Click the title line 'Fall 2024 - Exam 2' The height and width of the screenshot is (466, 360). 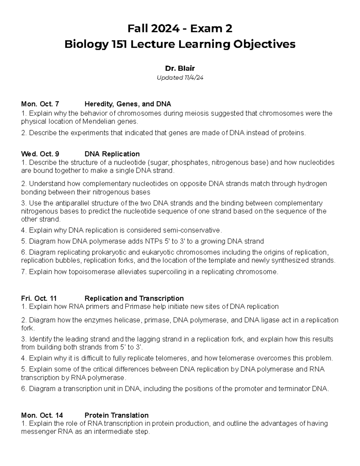point(180,29)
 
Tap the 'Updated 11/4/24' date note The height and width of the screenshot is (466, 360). point(180,78)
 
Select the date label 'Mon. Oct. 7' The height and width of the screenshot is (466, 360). point(40,104)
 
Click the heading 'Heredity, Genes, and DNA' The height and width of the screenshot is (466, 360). point(128,104)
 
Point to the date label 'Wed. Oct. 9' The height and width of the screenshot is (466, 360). point(40,154)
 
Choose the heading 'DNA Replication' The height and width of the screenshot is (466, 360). point(112,154)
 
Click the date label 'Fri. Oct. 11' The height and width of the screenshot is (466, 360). point(39,298)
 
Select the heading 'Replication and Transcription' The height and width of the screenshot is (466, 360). point(134,298)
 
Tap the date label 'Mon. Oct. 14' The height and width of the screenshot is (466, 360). point(42,415)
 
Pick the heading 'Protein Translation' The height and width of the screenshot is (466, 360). point(116,415)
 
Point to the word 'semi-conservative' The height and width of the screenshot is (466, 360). point(191,230)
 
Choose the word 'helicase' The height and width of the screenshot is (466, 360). point(127,320)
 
